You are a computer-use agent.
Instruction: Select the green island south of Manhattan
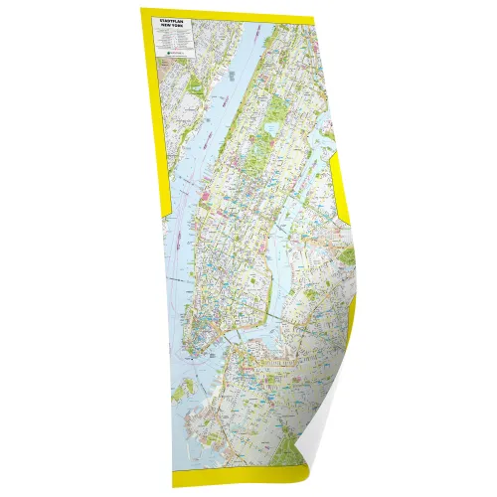(179, 392)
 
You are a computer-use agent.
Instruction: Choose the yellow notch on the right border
(339, 195)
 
